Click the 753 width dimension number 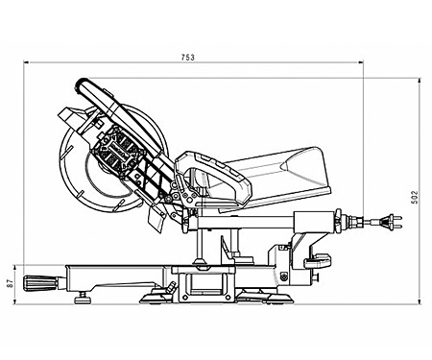click(188, 59)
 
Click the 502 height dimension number click(415, 198)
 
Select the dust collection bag click(288, 171)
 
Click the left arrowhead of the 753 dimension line click(23, 66)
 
